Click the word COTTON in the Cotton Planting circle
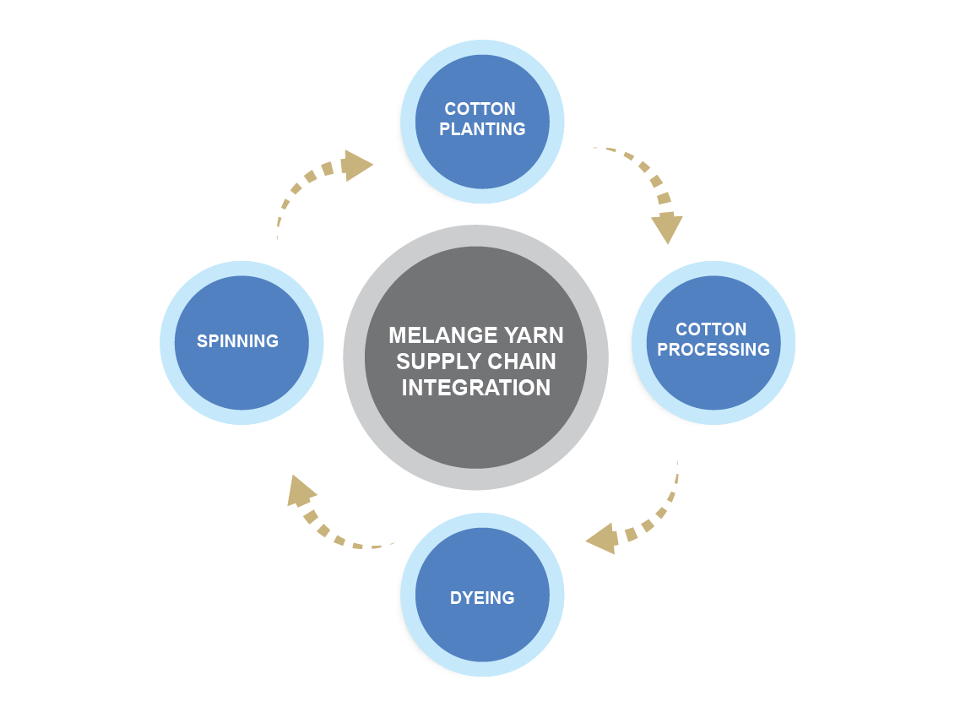click(480, 109)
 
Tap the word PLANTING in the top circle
click(482, 129)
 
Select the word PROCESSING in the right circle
click(714, 350)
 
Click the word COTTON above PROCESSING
click(711, 329)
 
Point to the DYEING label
click(482, 598)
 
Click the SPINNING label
click(237, 341)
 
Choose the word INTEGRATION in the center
click(475, 388)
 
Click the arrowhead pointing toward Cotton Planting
click(358, 165)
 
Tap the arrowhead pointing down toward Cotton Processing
click(667, 228)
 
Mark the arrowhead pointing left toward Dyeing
click(602, 538)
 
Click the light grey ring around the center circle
click(355, 357)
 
